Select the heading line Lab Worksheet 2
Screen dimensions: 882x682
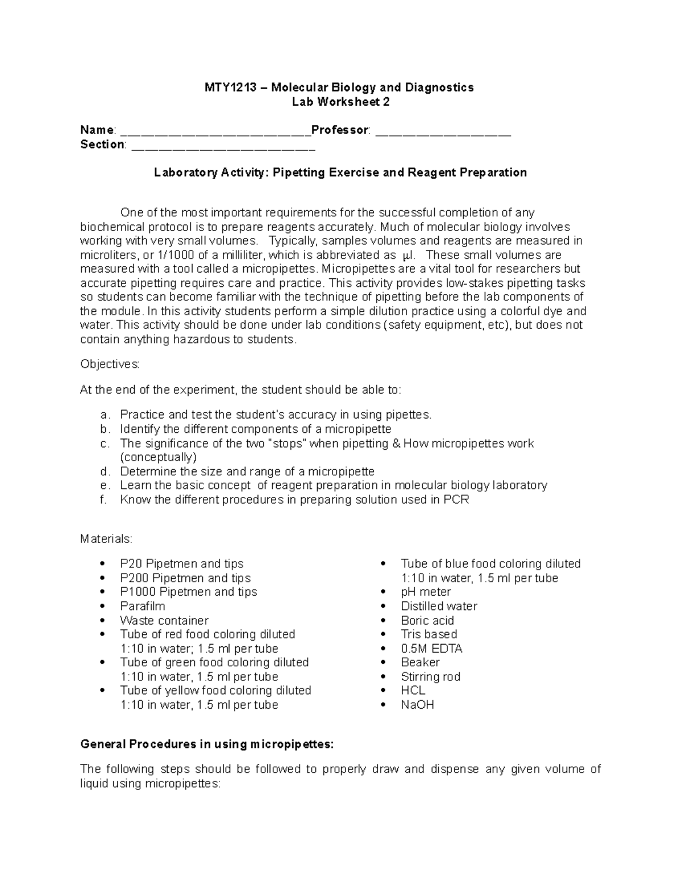click(x=340, y=102)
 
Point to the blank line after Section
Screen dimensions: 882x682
click(x=223, y=146)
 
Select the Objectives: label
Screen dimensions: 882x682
click(x=110, y=364)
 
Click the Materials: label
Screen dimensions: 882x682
click(x=106, y=538)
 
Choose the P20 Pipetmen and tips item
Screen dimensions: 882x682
click(x=181, y=564)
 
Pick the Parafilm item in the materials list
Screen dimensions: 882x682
click(x=142, y=606)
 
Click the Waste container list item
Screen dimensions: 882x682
click(x=164, y=620)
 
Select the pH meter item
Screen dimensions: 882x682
click(x=426, y=592)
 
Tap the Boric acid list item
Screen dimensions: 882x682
click(x=427, y=620)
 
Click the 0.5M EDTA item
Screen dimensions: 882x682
click(x=431, y=649)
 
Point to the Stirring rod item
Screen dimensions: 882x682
click(x=430, y=676)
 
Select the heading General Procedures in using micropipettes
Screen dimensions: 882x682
click(x=207, y=745)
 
